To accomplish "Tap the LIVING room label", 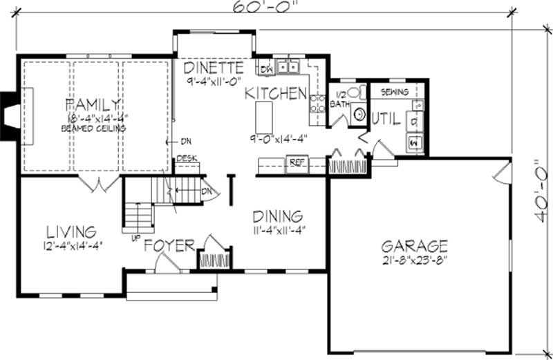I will pos(71,231).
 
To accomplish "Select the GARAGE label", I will pos(414,245).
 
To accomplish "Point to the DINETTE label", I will pos(214,68).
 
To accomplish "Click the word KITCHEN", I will pos(276,93).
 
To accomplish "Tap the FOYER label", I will pos(169,247).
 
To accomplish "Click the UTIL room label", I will pos(386,118).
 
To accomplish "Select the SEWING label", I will pos(395,92).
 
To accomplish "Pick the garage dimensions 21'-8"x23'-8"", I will pos(414,261).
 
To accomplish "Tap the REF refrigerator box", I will pos(297,164).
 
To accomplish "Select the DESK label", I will pos(187,158).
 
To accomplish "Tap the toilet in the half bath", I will pos(354,93).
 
